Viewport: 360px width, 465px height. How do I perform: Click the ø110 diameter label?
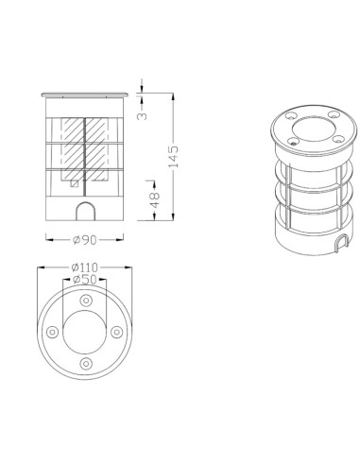pos(87,268)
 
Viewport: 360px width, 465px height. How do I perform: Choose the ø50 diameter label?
pos(86,281)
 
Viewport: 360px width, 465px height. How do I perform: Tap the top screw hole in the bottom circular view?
pos(86,300)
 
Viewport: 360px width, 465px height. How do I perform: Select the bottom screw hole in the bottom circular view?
pos(86,364)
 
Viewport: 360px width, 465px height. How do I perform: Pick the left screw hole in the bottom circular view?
pos(54,332)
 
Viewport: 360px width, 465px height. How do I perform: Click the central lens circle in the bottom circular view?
pos(86,332)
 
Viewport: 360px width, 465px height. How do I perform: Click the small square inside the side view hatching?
pos(75,185)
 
